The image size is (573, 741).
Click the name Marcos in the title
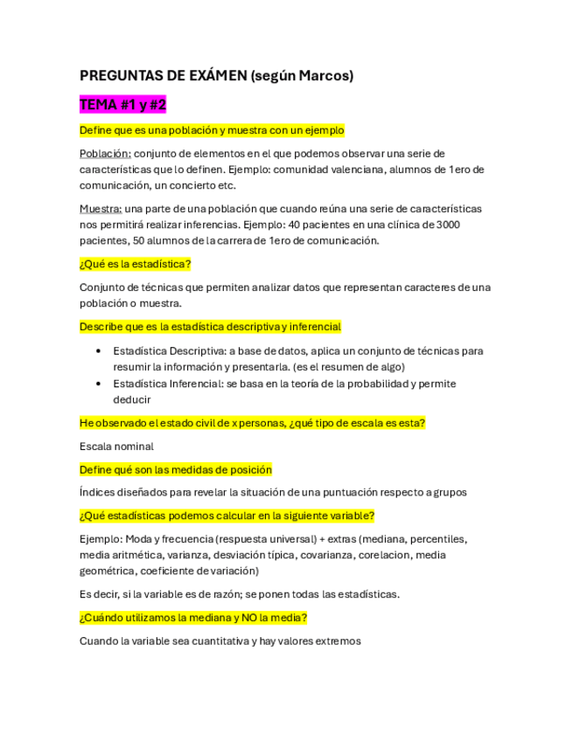(x=325, y=76)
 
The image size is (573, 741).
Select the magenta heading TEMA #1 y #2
(x=122, y=105)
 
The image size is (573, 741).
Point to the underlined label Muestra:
(x=101, y=209)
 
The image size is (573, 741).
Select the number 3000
(x=446, y=225)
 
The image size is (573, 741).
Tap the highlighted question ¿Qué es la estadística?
(x=135, y=264)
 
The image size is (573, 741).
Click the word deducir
(x=132, y=399)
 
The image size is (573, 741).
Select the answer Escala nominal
(x=116, y=446)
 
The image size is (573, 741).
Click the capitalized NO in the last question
(x=241, y=618)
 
